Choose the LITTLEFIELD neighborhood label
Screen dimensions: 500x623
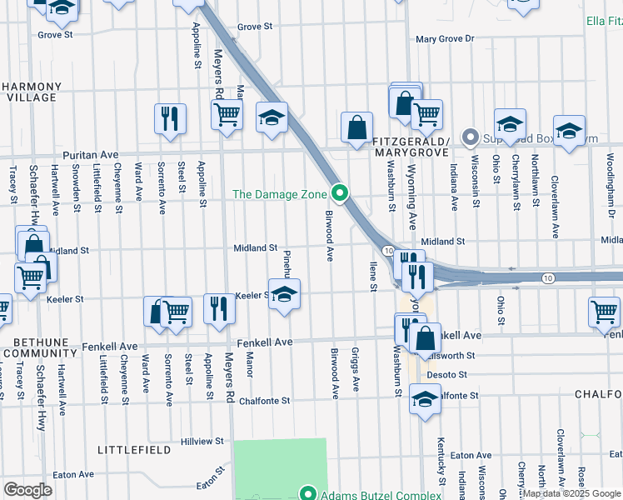[134, 450]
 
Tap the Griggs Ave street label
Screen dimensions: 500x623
[356, 370]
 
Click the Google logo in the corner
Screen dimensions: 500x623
[27, 490]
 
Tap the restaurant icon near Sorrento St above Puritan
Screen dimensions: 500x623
[170, 118]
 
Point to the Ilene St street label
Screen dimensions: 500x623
[372, 276]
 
